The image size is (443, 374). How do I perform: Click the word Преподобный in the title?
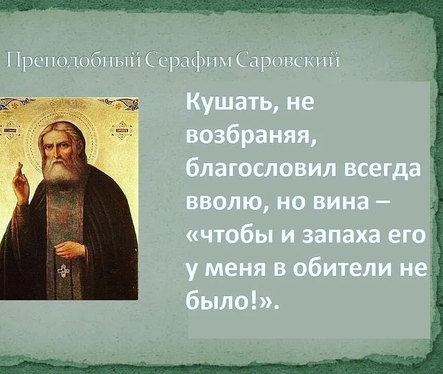73,61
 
